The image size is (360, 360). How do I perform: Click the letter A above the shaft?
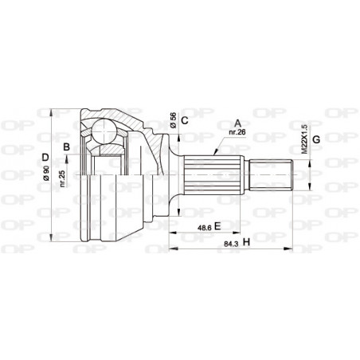[x=237, y=123]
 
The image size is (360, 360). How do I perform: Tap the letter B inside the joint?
[x=67, y=146]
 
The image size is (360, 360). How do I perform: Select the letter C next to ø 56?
[x=184, y=121]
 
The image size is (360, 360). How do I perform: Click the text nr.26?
[x=235, y=134]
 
